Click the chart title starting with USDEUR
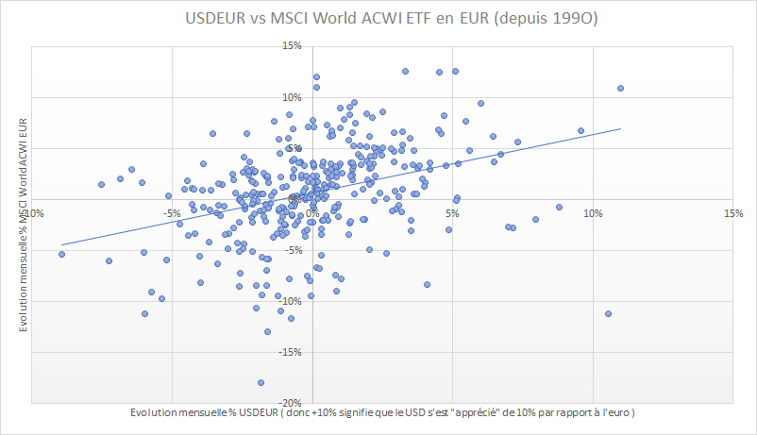(378, 18)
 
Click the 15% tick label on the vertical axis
(292, 45)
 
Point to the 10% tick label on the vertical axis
(292, 96)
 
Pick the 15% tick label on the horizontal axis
(733, 213)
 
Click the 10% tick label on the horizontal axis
(593, 213)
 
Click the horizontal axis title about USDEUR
(383, 413)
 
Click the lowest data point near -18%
(261, 382)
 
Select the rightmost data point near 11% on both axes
(620, 89)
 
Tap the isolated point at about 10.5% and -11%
(608, 313)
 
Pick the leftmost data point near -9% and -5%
(61, 254)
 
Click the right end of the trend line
(620, 128)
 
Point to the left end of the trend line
(61, 244)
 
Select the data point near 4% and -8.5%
(427, 284)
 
